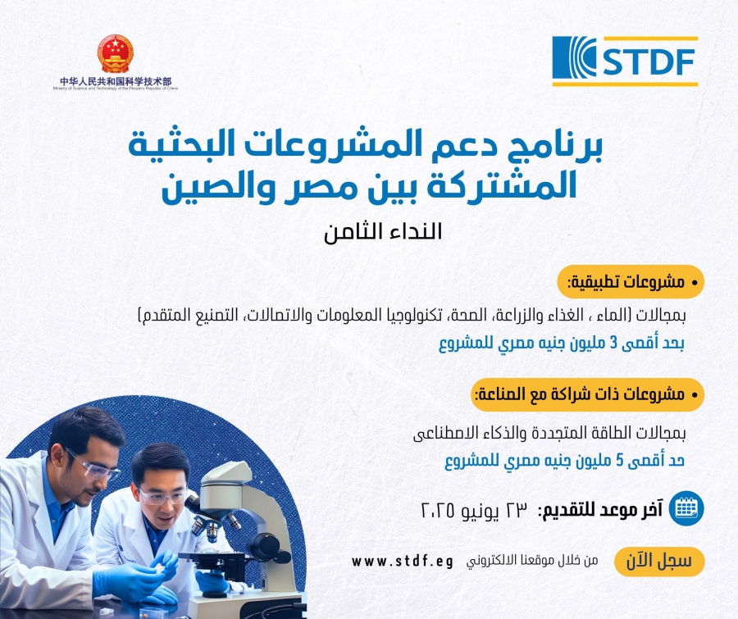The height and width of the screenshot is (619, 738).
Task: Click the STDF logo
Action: tap(625, 61)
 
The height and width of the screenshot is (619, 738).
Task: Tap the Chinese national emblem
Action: tap(116, 53)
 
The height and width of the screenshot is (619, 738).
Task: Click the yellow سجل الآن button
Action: tap(659, 562)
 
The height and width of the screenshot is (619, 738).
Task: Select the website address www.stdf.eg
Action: tap(403, 562)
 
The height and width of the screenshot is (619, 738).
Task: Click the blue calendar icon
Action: tap(686, 508)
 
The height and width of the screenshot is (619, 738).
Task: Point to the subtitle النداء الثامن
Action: tap(383, 231)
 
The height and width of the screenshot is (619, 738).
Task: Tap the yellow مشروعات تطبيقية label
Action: tap(631, 282)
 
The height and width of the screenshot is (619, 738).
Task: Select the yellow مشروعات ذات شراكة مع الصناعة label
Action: tap(588, 394)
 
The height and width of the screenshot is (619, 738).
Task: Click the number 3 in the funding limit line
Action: tap(613, 344)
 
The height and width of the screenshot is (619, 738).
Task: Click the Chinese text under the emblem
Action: tap(116, 81)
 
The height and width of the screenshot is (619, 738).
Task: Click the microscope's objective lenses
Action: tap(214, 524)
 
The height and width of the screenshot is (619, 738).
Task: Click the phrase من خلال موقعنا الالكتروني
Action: tap(532, 561)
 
